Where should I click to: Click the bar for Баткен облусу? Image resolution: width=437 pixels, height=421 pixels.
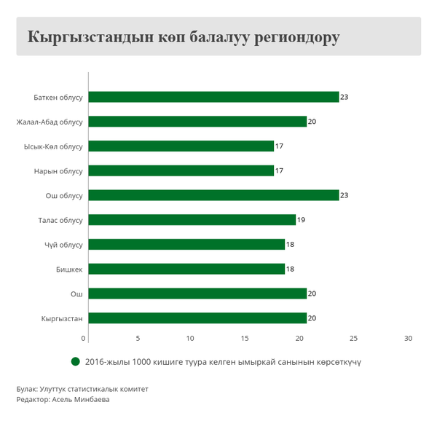(x=213, y=97)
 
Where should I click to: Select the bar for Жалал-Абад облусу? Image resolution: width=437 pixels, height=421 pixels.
(x=197, y=122)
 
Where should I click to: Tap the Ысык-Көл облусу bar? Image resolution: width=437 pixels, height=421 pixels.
(x=181, y=146)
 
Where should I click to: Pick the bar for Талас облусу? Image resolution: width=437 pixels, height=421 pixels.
(x=192, y=220)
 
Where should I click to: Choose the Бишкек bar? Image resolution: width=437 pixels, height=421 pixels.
(x=186, y=269)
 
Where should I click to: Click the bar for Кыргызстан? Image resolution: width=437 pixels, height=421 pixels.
(x=197, y=318)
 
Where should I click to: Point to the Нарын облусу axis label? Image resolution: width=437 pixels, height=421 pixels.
(x=58, y=171)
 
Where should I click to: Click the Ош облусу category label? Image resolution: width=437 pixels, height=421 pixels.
(x=64, y=195)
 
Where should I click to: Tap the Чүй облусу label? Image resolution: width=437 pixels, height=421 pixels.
(x=63, y=245)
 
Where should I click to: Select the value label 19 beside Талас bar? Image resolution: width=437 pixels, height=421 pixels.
(x=301, y=220)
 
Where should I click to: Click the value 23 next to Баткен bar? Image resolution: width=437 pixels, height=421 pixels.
(x=344, y=97)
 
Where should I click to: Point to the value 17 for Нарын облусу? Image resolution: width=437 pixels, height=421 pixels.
(x=279, y=171)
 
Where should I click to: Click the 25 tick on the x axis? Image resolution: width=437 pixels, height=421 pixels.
(x=353, y=339)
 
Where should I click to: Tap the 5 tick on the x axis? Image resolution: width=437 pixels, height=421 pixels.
(x=138, y=339)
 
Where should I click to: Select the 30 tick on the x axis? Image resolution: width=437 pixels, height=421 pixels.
(x=408, y=339)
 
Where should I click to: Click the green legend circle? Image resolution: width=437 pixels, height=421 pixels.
(x=75, y=361)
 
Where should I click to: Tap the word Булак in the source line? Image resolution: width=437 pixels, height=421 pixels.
(x=27, y=389)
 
